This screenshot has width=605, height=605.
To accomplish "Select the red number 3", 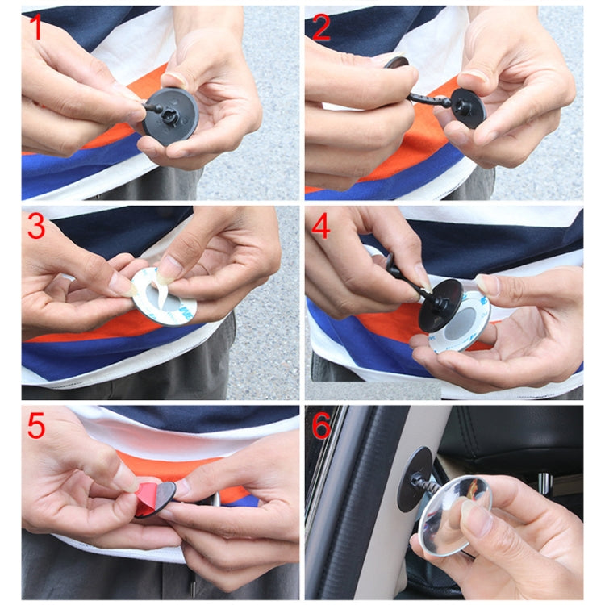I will (x=36, y=227).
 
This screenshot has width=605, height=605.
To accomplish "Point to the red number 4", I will (x=321, y=227).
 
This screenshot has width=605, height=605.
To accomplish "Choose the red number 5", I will (x=36, y=426).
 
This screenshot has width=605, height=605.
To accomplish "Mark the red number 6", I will (x=321, y=426).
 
